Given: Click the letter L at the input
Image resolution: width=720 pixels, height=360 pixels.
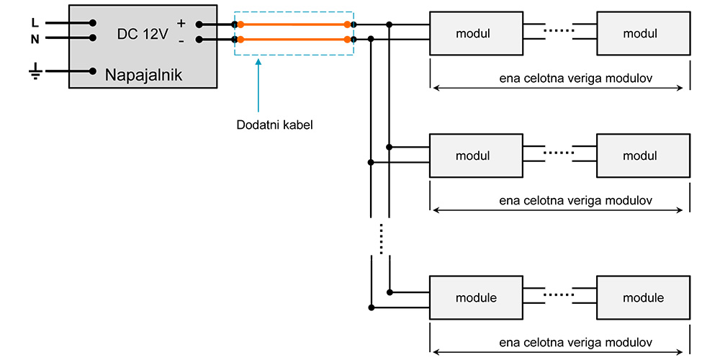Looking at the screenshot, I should pos(35,22).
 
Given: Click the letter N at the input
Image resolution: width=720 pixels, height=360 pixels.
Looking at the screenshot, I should pos(35,39).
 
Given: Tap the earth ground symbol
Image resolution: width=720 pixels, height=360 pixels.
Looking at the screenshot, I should pos(35,71).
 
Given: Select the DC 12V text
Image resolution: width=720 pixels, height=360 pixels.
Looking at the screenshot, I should pos(143,33).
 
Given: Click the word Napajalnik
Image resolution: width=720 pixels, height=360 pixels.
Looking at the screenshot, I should pos(144,75).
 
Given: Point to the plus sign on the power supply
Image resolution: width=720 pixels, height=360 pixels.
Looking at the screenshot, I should pos(181,24).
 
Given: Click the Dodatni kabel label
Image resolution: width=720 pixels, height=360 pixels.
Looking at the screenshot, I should pos(274,124).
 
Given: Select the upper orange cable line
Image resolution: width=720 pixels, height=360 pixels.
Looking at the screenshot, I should pos(294,24).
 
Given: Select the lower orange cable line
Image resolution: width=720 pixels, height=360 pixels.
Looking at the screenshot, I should pos(294,39).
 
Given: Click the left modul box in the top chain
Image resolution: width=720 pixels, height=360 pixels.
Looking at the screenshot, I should pos(476,33).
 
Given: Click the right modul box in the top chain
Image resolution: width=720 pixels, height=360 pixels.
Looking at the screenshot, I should pos(643,33).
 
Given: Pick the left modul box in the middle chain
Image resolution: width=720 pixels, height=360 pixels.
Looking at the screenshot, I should pos(476,156).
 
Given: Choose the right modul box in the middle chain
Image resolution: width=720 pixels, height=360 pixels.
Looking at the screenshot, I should pos(643,156).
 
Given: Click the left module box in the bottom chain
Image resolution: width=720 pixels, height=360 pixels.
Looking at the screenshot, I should pos(476,297).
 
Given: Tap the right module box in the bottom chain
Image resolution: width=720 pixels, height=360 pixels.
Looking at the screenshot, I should pos(643,297).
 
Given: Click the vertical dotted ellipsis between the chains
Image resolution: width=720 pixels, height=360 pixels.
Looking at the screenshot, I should pos(380,238).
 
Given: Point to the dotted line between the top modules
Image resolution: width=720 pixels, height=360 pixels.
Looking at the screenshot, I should pos(559,30).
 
